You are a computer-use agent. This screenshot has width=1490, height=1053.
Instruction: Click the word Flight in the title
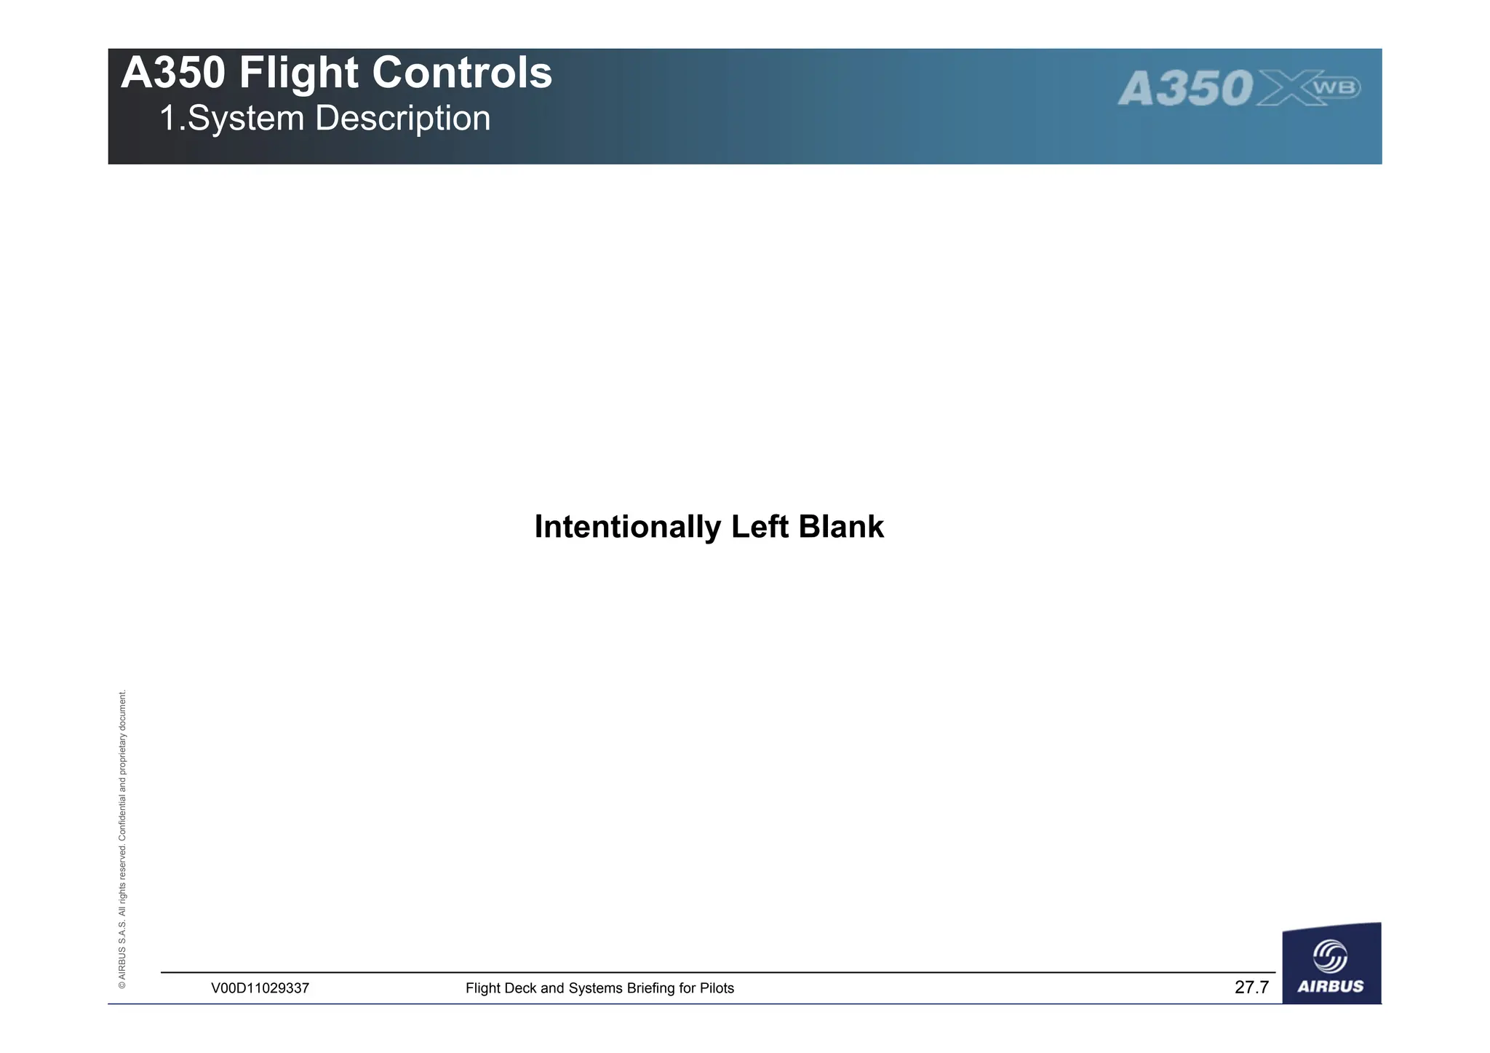(x=299, y=73)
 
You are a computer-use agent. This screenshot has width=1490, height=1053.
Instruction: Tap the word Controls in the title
(x=462, y=73)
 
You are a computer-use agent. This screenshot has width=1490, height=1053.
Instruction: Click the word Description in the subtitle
(x=402, y=119)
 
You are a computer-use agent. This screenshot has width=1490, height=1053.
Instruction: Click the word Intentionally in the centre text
(x=627, y=527)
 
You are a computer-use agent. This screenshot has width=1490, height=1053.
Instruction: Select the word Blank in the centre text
(x=841, y=527)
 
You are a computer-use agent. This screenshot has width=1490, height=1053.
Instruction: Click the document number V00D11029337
(x=260, y=988)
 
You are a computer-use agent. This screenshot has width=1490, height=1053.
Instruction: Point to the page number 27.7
(x=1251, y=988)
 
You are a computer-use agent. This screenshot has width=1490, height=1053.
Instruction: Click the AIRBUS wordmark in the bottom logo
(x=1331, y=987)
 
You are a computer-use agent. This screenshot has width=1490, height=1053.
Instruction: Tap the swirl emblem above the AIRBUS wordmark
(x=1330, y=955)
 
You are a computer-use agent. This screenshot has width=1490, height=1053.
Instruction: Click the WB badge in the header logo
(x=1336, y=88)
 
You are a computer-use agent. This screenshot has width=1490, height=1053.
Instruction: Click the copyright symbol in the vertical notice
(x=122, y=985)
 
